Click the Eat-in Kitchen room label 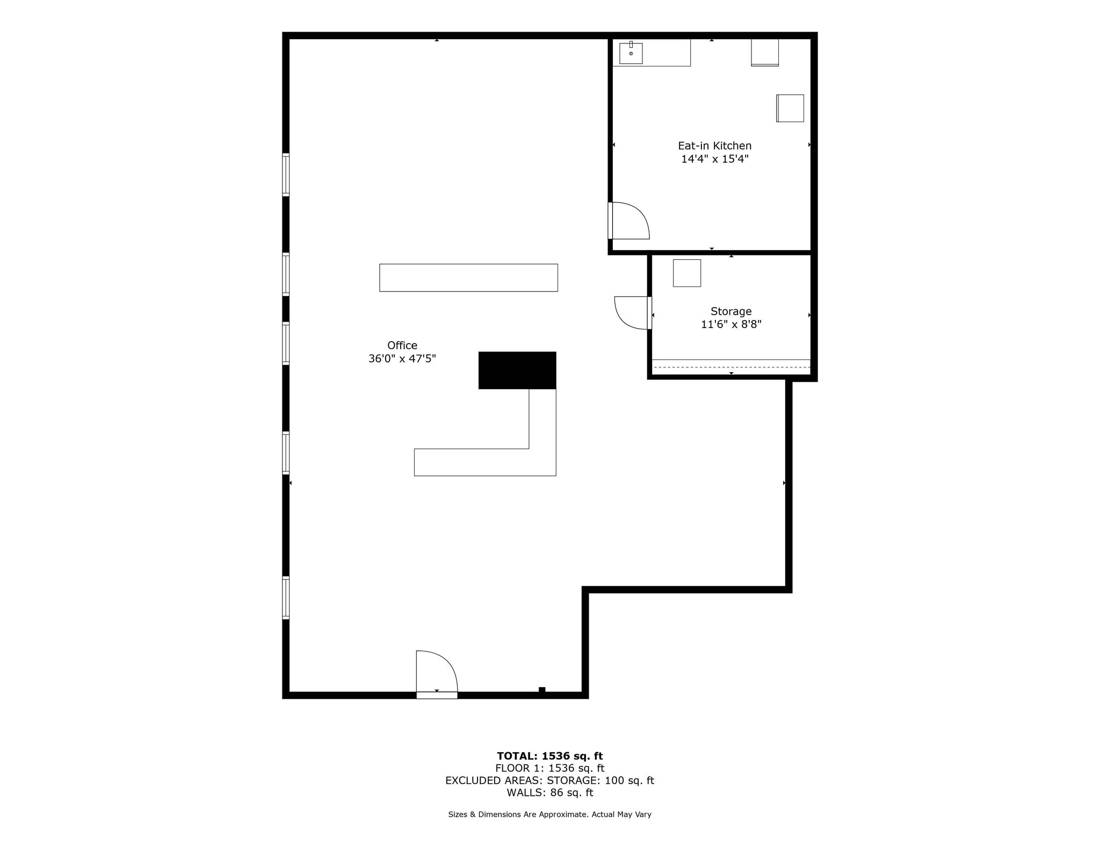point(714,146)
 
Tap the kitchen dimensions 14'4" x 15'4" point(714,159)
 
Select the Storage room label point(730,311)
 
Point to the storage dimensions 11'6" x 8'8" point(730,324)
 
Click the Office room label point(402,345)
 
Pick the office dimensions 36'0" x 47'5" point(402,359)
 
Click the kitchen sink point(631,53)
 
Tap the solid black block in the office point(517,370)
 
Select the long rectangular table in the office point(468,278)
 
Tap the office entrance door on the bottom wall point(436,674)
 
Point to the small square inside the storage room point(686,273)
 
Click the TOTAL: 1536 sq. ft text point(549,756)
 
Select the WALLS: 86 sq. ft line point(549,793)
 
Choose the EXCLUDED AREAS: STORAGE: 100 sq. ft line point(549,780)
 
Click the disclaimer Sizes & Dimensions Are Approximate point(549,815)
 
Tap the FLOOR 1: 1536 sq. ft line point(549,768)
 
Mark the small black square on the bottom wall point(542,690)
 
